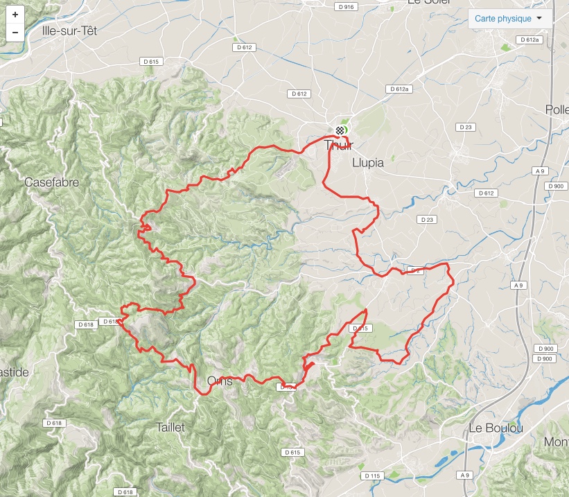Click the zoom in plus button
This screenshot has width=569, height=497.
pyautogui.click(x=15, y=15)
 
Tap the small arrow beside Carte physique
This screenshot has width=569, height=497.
pyautogui.click(x=539, y=19)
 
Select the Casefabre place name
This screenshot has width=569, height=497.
pyautogui.click(x=51, y=182)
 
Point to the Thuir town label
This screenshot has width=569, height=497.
pyautogui.click(x=338, y=146)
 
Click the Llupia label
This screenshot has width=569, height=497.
pyautogui.click(x=368, y=163)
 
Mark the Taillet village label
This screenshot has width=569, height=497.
pyautogui.click(x=170, y=427)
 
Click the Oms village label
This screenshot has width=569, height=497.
pyautogui.click(x=220, y=381)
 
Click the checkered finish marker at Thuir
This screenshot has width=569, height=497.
pyautogui.click(x=340, y=130)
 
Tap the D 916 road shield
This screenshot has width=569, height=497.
pyautogui.click(x=345, y=7)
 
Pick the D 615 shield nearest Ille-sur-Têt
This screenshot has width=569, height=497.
pyautogui.click(x=151, y=62)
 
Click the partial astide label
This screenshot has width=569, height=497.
pyautogui.click(x=14, y=372)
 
